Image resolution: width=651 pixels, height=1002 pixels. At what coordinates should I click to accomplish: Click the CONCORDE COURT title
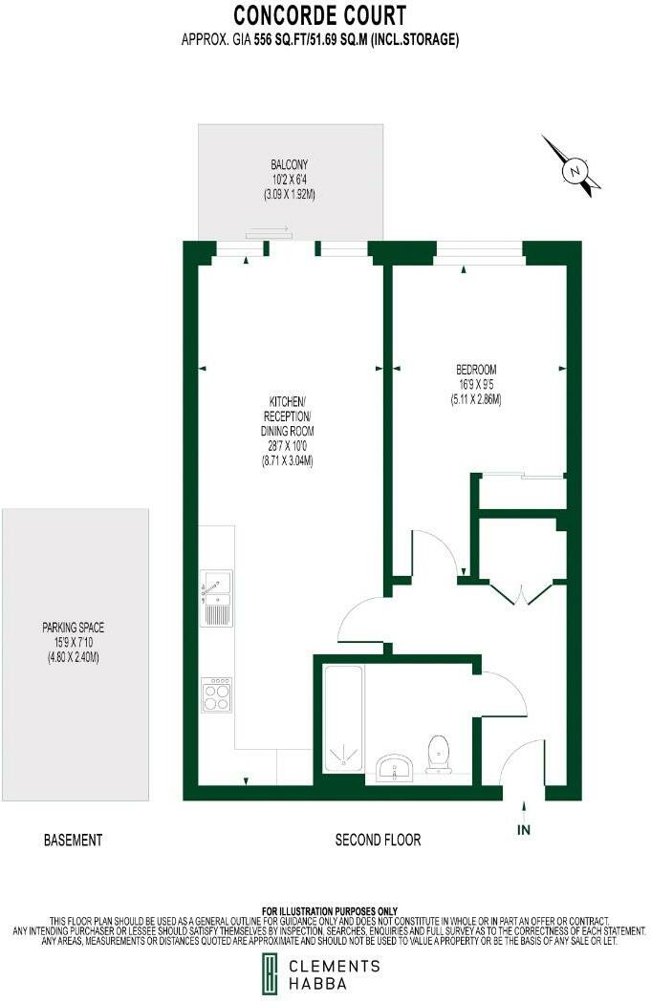[320, 15]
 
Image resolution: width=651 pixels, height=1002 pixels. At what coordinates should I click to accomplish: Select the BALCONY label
[289, 163]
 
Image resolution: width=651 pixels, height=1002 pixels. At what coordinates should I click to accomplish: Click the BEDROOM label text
[475, 370]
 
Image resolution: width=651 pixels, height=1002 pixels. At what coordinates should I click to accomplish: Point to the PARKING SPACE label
[73, 628]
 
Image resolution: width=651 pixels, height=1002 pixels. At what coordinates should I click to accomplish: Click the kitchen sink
[216, 599]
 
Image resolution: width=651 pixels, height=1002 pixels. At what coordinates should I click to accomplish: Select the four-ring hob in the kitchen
[216, 693]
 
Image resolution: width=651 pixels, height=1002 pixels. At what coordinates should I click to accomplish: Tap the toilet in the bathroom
[439, 753]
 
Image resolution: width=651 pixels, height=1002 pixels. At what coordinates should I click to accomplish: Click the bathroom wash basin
[394, 767]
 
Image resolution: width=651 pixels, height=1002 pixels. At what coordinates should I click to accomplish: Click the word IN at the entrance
[523, 830]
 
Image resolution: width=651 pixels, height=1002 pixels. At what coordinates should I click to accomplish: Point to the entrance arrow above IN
[523, 805]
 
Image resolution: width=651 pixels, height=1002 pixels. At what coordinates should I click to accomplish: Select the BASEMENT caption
[73, 841]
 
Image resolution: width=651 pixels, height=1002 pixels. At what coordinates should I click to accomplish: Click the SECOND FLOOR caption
[378, 841]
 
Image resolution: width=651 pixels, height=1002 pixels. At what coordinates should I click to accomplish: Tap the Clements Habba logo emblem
[272, 975]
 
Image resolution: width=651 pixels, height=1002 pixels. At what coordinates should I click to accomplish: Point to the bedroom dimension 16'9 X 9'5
[475, 384]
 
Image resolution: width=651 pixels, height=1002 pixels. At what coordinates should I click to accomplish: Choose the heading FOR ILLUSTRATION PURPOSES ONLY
[328, 910]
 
